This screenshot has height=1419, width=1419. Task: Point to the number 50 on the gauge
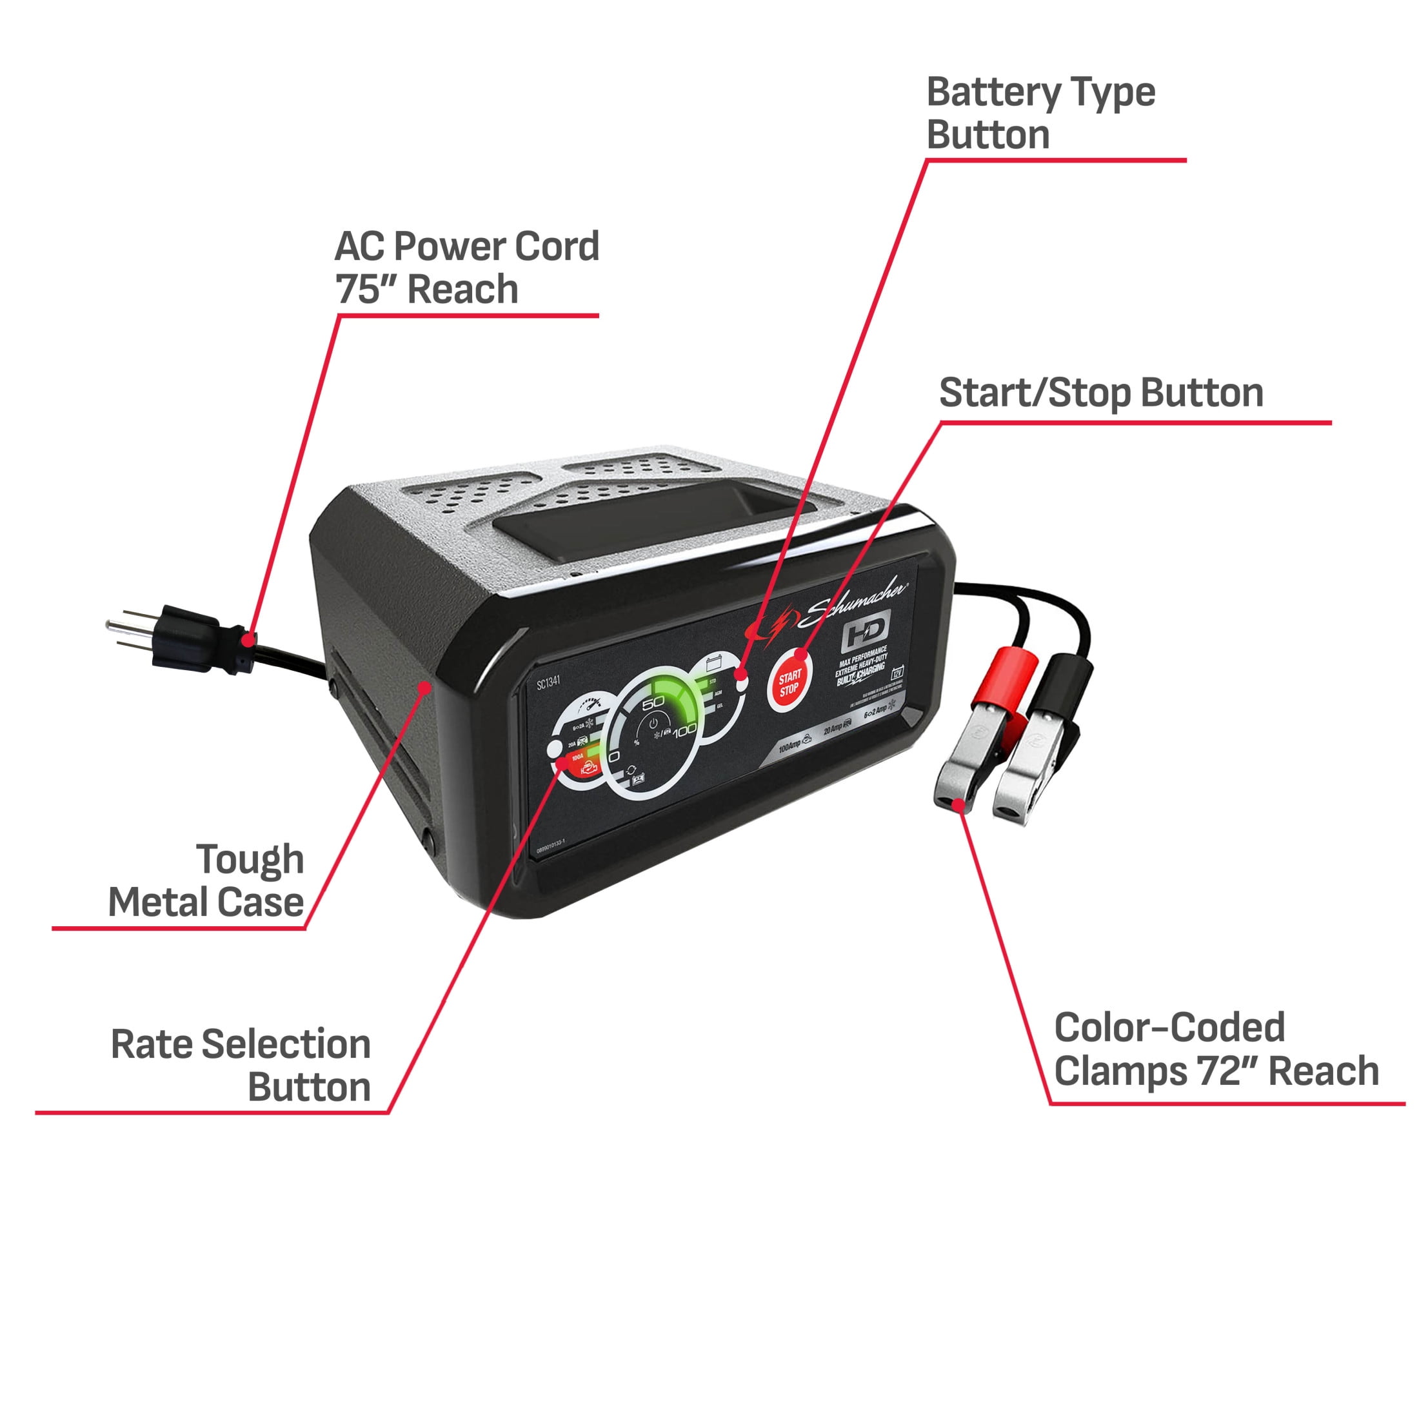[x=653, y=702]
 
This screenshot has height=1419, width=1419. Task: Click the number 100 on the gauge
[x=684, y=730]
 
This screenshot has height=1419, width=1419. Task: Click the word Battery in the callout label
[x=992, y=94]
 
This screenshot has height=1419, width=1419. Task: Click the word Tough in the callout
[x=250, y=860]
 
